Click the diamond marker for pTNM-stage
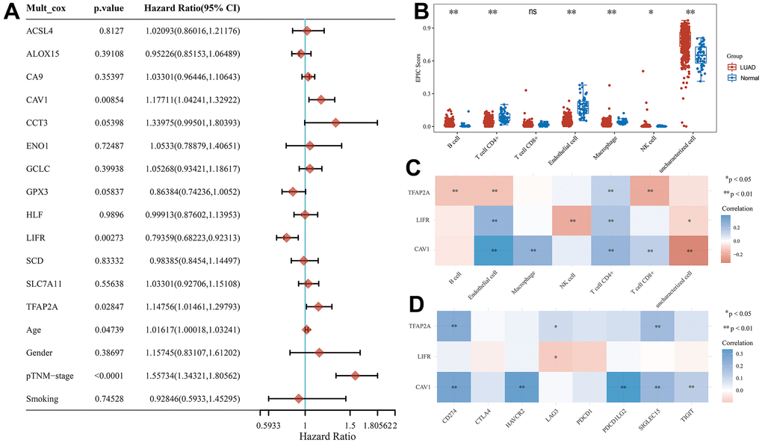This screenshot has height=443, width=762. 356,376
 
